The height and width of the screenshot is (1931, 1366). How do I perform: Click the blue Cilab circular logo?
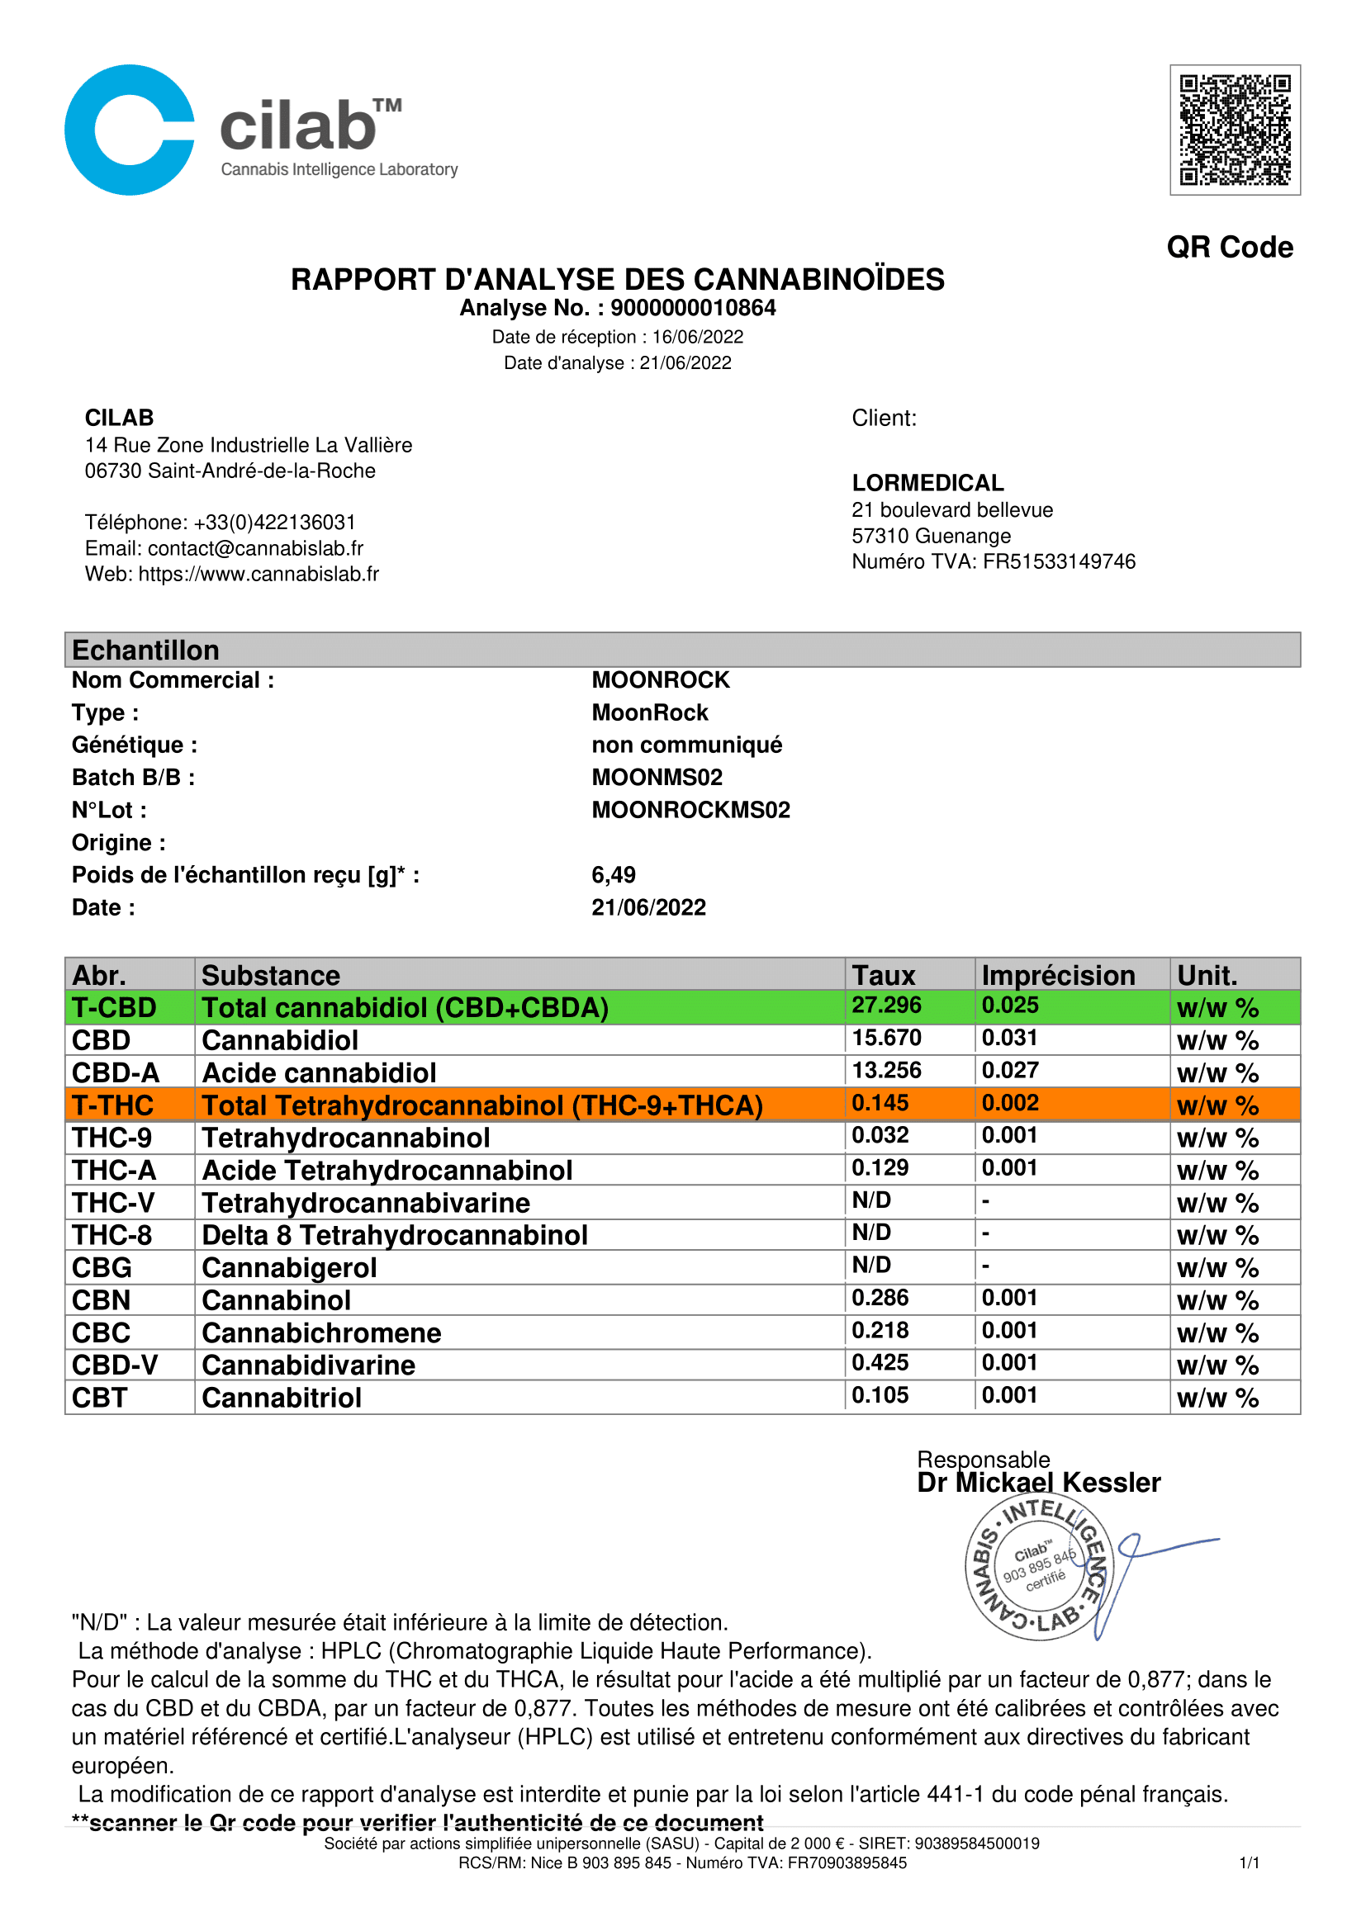tap(130, 130)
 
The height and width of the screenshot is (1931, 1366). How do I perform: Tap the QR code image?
tap(1234, 130)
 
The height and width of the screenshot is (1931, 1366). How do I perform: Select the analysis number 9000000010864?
tap(692, 309)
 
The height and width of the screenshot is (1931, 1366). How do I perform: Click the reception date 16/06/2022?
tap(697, 338)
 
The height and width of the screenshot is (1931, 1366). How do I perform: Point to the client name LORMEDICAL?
tap(927, 483)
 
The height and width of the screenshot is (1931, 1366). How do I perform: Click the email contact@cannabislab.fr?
tap(255, 548)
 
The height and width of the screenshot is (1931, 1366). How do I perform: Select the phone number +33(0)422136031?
tap(274, 523)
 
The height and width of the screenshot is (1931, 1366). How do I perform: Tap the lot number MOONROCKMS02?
tap(690, 810)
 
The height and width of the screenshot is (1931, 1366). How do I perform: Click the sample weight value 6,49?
tap(613, 874)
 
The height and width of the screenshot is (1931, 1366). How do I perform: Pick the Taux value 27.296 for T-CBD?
tap(885, 1005)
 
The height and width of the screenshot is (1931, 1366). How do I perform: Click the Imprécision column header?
tap(1057, 975)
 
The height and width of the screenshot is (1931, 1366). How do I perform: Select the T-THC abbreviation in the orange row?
tap(112, 1105)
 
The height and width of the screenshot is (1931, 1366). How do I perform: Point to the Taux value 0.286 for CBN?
tap(880, 1298)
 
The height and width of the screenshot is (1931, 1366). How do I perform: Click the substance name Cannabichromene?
tap(321, 1333)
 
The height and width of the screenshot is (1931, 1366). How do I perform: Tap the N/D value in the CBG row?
tap(870, 1265)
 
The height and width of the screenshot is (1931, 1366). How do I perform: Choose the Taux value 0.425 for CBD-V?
tap(880, 1362)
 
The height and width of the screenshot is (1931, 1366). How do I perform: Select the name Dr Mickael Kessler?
tap(1038, 1483)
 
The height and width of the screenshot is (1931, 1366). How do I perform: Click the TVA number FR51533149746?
tap(1058, 562)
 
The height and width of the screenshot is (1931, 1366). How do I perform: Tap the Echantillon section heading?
tap(145, 650)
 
